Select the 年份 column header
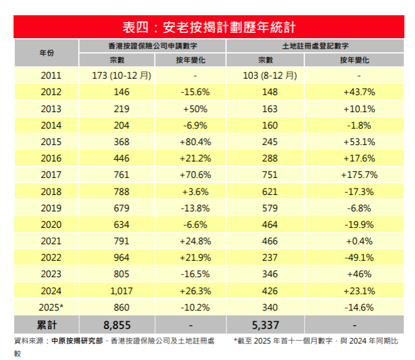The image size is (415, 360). (x=46, y=53)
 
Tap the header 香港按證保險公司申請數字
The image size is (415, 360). (x=152, y=45)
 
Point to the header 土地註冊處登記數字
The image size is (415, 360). (x=315, y=45)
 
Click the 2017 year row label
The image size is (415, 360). (x=51, y=175)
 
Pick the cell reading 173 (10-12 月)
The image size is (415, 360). (x=122, y=75)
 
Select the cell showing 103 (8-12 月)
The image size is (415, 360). (x=270, y=75)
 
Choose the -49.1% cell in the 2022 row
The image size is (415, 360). (x=359, y=257)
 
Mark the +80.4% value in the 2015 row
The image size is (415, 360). (x=195, y=142)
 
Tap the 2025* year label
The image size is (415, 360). (x=51, y=307)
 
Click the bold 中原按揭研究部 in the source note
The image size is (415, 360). (x=77, y=341)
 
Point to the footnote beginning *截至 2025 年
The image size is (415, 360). (x=315, y=341)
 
